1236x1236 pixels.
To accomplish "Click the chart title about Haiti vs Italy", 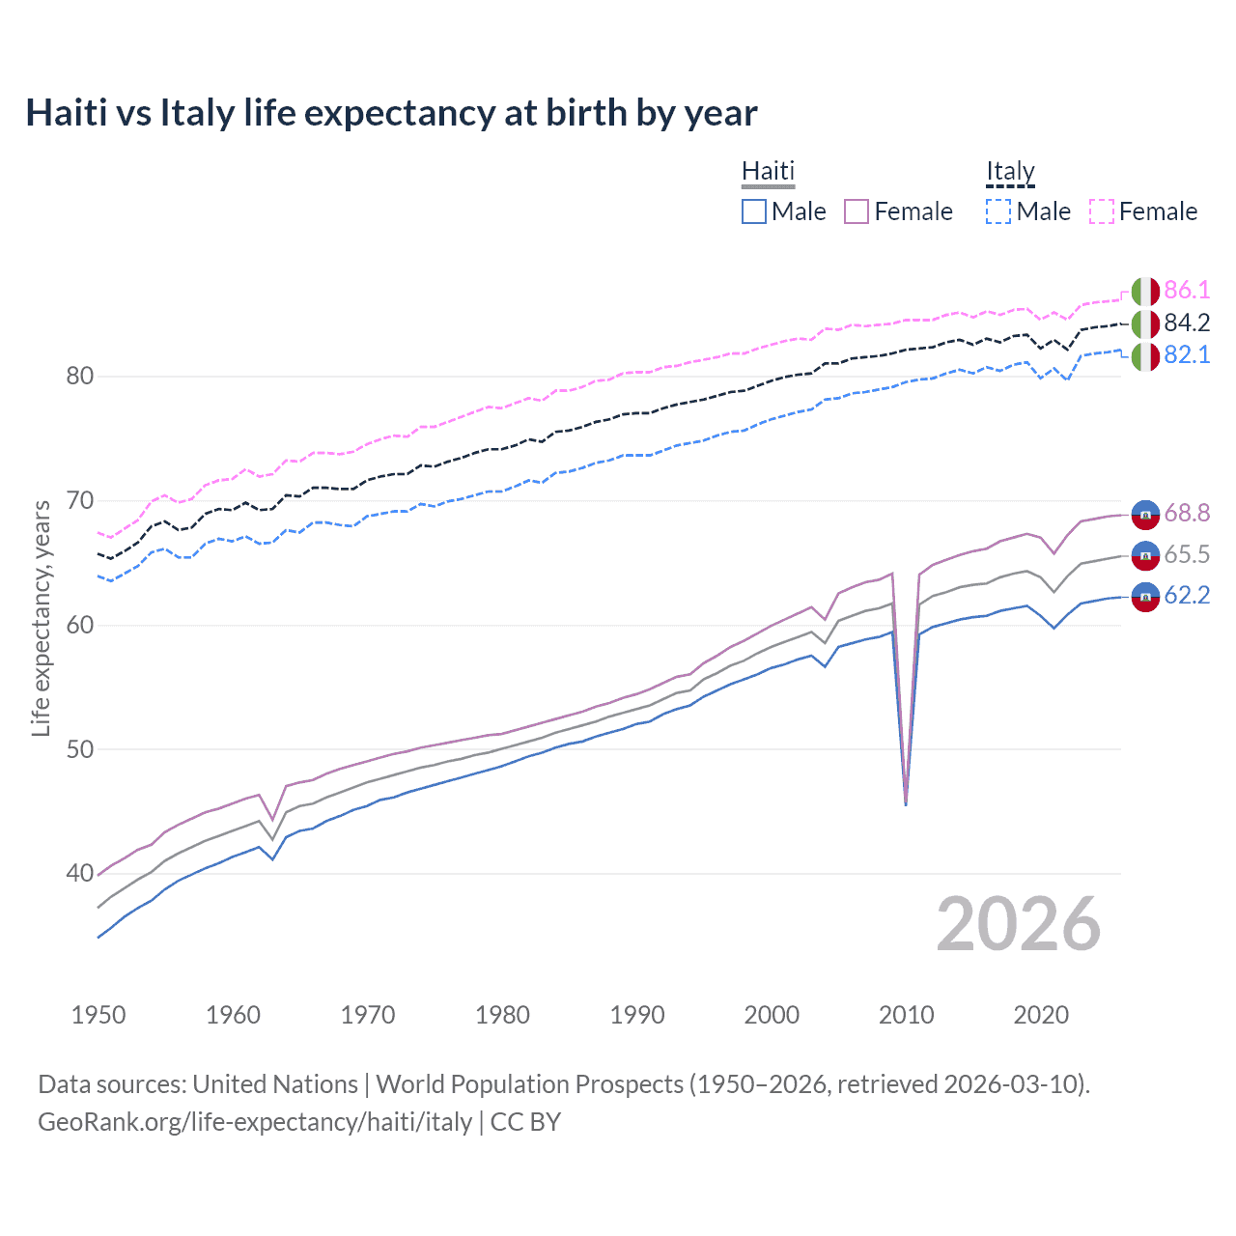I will pyautogui.click(x=391, y=113).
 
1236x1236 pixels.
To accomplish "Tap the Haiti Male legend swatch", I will pyautogui.click(x=754, y=211).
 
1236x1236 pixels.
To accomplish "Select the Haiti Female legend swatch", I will pyautogui.click(x=857, y=211).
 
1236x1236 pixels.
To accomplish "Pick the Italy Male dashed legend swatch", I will pyautogui.click(x=998, y=211).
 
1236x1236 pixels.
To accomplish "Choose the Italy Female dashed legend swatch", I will pyautogui.click(x=1102, y=211).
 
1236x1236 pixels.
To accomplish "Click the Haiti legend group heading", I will pyautogui.click(x=768, y=171).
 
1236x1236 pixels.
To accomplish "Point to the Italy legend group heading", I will pyautogui.click(x=1010, y=171).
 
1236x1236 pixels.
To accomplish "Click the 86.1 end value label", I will pyautogui.click(x=1187, y=290).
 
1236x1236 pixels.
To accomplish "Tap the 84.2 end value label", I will pyautogui.click(x=1187, y=323).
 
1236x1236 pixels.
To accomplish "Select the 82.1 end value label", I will pyautogui.click(x=1187, y=354).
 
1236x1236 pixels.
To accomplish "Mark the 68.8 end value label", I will pyautogui.click(x=1187, y=513).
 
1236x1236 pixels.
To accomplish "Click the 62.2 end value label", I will pyautogui.click(x=1187, y=595).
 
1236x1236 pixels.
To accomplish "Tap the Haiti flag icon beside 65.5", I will pyautogui.click(x=1145, y=555).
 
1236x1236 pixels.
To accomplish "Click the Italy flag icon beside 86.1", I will pyautogui.click(x=1145, y=291).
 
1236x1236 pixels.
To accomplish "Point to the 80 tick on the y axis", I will pyautogui.click(x=79, y=376).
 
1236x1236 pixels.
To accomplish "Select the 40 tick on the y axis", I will pyautogui.click(x=79, y=873).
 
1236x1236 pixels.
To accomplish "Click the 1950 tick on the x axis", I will pyautogui.click(x=98, y=1015).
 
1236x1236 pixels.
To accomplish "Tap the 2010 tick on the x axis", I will pyautogui.click(x=906, y=1015).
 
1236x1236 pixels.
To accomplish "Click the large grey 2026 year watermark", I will pyautogui.click(x=1018, y=924).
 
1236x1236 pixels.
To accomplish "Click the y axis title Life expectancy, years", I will pyautogui.click(x=41, y=618).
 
